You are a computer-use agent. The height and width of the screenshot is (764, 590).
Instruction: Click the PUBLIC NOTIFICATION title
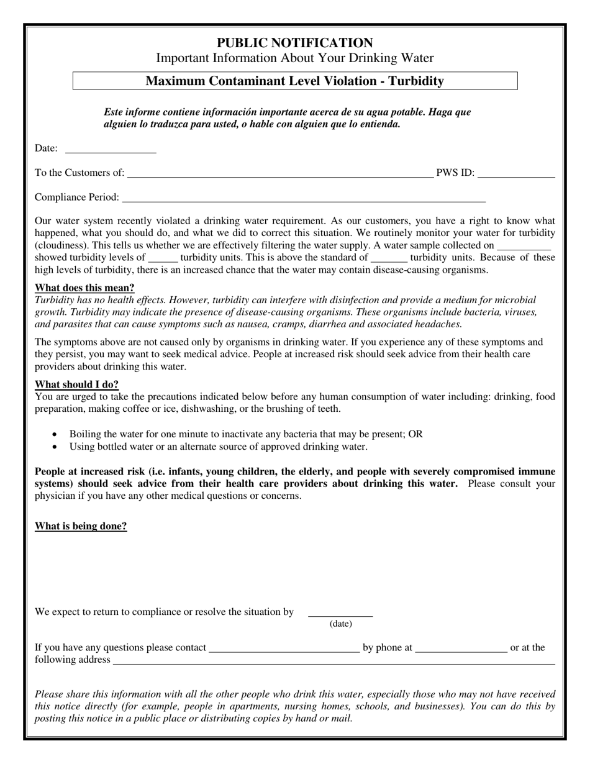294,43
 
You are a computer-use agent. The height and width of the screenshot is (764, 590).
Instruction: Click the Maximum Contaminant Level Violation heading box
294,81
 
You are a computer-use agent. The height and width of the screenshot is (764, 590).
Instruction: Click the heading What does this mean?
84,288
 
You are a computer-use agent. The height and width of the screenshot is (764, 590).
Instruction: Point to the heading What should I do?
76,384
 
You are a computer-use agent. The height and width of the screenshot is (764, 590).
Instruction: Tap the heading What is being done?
81,527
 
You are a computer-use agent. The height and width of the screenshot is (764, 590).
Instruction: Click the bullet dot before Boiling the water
56,435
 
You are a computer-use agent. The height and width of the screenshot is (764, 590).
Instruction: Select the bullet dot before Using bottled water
56,447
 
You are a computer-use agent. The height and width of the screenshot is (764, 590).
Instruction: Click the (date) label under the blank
340,624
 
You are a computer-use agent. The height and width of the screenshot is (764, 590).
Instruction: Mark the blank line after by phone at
461,650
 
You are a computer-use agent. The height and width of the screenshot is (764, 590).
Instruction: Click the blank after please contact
284,650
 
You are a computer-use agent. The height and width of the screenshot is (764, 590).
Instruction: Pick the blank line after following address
333,662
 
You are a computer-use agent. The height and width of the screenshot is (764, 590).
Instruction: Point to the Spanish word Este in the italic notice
114,112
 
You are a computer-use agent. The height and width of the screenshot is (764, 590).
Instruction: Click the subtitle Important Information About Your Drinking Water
294,58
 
